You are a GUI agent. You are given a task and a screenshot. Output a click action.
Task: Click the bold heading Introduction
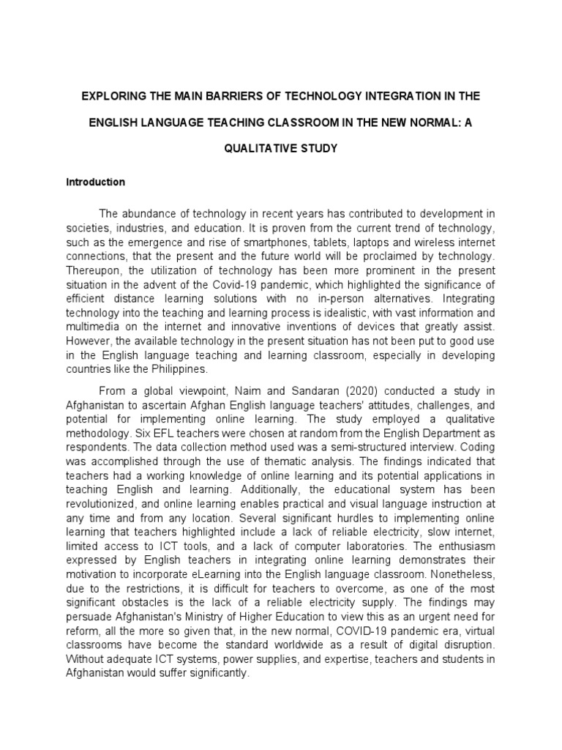tap(96, 182)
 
